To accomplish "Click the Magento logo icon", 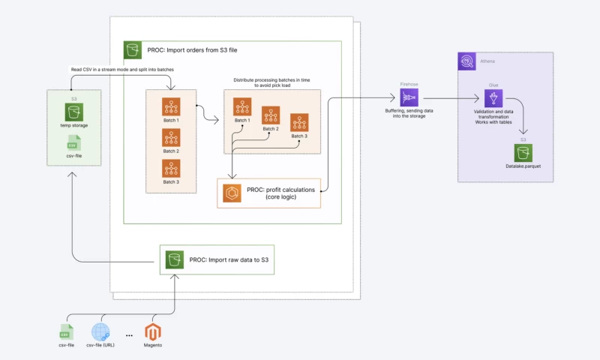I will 153,331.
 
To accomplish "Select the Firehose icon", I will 409,98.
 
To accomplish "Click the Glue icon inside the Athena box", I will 493,98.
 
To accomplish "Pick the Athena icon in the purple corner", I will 467,61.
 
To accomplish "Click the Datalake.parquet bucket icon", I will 523,153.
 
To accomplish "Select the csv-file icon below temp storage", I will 73,142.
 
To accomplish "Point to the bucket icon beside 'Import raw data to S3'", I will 174,259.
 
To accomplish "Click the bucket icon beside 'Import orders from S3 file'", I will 133,50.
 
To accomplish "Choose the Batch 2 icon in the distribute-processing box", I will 270,115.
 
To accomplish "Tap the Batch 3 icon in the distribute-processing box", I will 300,123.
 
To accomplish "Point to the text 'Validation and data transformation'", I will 493,112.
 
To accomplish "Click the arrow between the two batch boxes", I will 209,118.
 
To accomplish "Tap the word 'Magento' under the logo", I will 153,346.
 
